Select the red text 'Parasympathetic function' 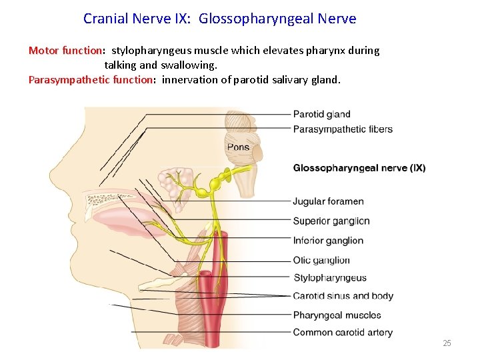click(91, 80)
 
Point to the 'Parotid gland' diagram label click(321, 115)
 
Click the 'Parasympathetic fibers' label click(343, 129)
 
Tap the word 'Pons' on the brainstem click(238, 147)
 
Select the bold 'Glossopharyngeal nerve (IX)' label click(359, 168)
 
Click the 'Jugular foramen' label click(328, 201)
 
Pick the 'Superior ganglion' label click(331, 221)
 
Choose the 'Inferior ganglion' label click(328, 241)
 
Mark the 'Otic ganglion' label click(321, 261)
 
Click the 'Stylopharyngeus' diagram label click(330, 278)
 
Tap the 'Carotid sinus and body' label click(343, 296)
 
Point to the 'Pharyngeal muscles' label click(337, 315)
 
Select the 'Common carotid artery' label click(343, 333)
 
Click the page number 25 click(447, 343)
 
